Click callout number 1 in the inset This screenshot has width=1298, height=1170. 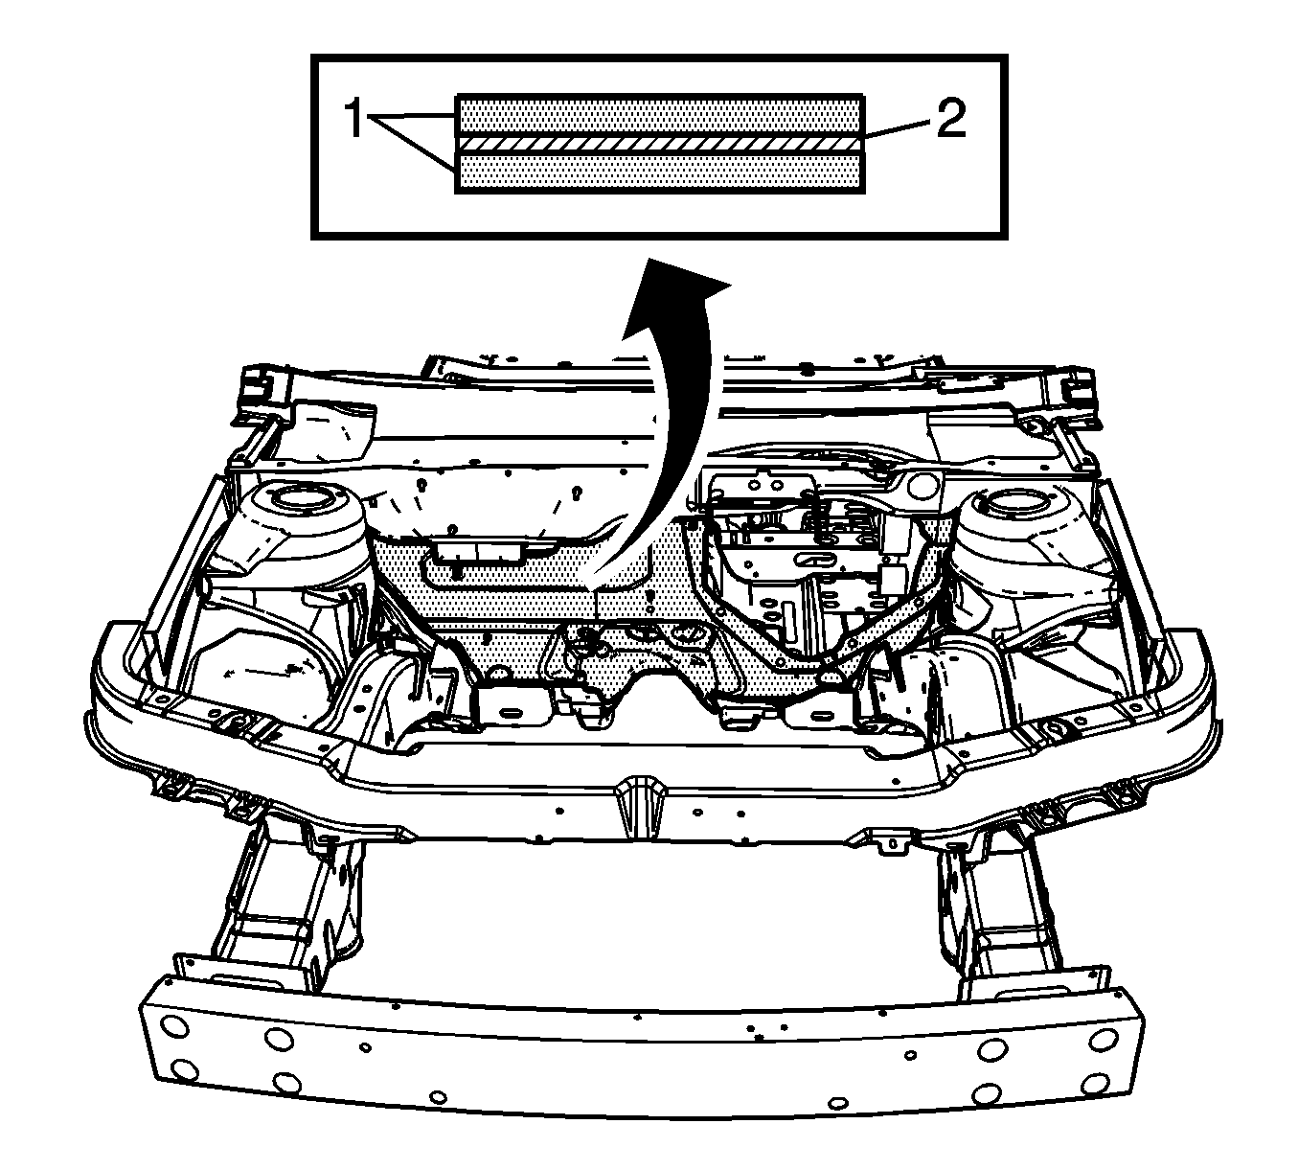point(354,118)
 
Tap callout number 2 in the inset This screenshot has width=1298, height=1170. point(951,118)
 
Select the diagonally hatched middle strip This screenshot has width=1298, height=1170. point(659,144)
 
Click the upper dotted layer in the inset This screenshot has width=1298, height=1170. point(659,116)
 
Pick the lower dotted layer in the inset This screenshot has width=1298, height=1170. point(659,172)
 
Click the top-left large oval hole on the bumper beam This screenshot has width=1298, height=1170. point(174,1027)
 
